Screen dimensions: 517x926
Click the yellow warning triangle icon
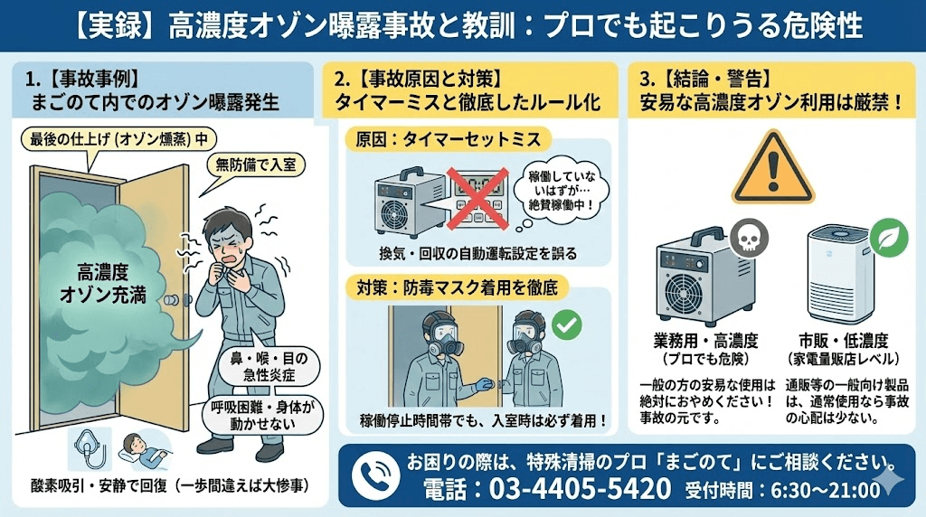coord(768,169)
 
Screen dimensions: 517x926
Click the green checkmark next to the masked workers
coord(567,324)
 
